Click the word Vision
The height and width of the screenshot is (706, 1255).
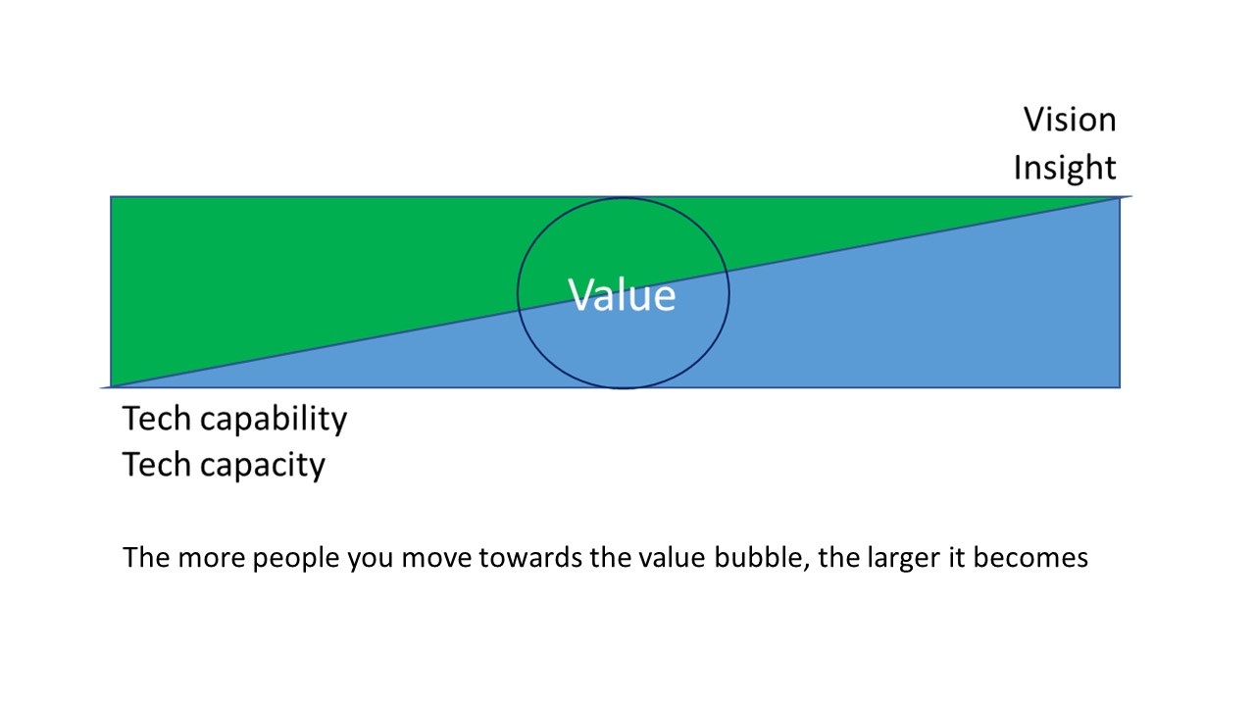[1070, 120]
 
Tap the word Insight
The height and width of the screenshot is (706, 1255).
[1065, 168]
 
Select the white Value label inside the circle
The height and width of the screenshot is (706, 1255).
[623, 294]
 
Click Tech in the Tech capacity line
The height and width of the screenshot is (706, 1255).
[157, 465]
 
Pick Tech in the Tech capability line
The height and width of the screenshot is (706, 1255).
[157, 419]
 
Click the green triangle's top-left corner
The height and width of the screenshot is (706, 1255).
[112, 198]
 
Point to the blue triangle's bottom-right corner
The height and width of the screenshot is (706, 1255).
[1119, 386]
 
